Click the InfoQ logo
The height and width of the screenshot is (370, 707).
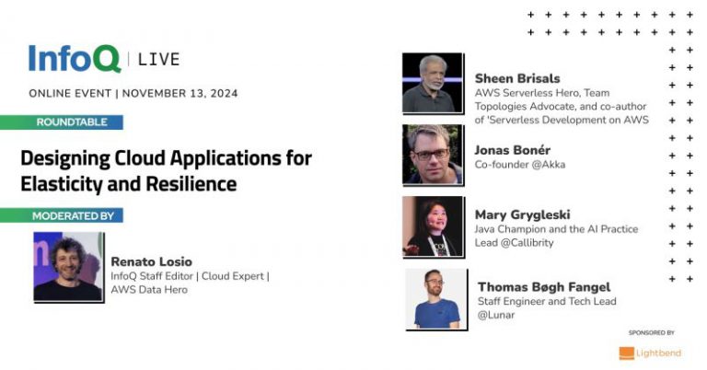pos(74,59)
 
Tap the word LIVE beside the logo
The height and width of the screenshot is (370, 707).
pos(158,60)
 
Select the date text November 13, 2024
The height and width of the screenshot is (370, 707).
pos(180,93)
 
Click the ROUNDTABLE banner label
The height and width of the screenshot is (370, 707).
pos(72,121)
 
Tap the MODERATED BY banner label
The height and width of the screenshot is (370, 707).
pos(74,215)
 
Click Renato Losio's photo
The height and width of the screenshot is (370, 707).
pos(68,267)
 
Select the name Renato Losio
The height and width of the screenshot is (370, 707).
pos(152,261)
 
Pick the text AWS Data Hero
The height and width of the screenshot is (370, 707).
pos(149,289)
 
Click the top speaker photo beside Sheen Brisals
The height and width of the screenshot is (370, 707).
pos(432,84)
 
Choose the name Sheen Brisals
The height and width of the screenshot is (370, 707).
pos(517,78)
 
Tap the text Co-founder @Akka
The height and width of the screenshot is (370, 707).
pos(520,165)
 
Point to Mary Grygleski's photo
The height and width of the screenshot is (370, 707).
pos(432,226)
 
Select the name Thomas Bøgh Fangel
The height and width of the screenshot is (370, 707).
pos(543,287)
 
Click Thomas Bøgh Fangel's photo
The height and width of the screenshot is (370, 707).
pos(435,298)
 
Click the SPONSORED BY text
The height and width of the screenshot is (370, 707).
pos(652,332)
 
